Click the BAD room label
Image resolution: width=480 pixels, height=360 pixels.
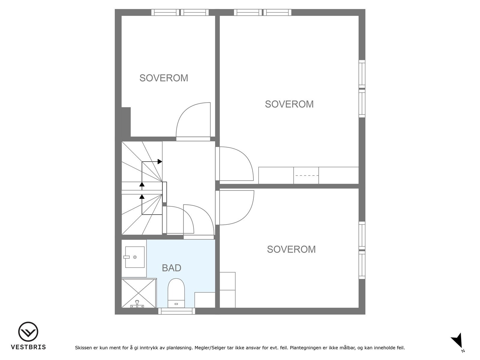click(x=171, y=268)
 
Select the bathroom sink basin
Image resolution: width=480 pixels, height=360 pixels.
click(x=135, y=257)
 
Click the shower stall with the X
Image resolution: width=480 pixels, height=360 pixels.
click(x=139, y=293)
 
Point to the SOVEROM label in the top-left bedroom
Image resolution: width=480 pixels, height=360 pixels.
click(x=164, y=78)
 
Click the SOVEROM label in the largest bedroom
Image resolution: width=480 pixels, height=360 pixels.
click(x=289, y=104)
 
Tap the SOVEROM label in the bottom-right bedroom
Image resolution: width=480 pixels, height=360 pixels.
click(x=291, y=249)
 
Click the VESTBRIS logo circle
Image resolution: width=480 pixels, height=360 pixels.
click(x=28, y=331)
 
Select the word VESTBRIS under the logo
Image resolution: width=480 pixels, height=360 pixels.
click(x=28, y=347)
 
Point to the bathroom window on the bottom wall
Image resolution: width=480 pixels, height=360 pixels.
click(x=177, y=311)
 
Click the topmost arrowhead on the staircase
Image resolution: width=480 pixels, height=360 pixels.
click(x=160, y=161)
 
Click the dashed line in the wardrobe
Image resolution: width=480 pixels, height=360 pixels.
click(x=306, y=175)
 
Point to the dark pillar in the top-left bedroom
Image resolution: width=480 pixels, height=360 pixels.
click(x=126, y=122)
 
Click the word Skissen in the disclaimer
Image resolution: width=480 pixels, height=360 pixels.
click(x=83, y=348)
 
